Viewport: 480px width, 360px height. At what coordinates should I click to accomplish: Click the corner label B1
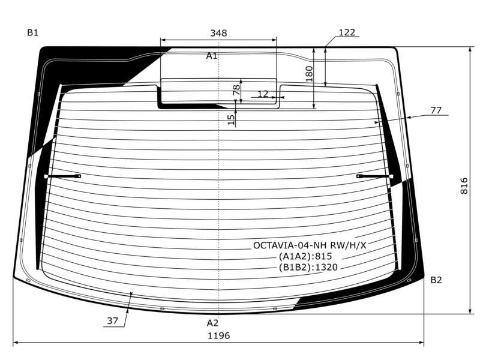pyautogui.click(x=33, y=32)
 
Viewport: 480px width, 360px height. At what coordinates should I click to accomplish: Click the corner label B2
pyautogui.click(x=436, y=280)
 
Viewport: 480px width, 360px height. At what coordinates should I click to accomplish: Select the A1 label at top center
pyautogui.click(x=212, y=56)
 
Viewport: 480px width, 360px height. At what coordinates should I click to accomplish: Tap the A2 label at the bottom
pyautogui.click(x=212, y=323)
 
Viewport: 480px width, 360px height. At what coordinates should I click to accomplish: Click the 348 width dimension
pyautogui.click(x=218, y=33)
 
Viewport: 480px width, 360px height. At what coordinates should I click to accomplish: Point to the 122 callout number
pyautogui.click(x=347, y=32)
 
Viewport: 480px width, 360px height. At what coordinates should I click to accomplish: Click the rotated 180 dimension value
pyautogui.click(x=309, y=74)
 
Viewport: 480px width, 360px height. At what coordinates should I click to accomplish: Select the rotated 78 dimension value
pyautogui.click(x=236, y=89)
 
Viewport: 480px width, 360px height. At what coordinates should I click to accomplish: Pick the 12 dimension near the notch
pyautogui.click(x=263, y=94)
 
